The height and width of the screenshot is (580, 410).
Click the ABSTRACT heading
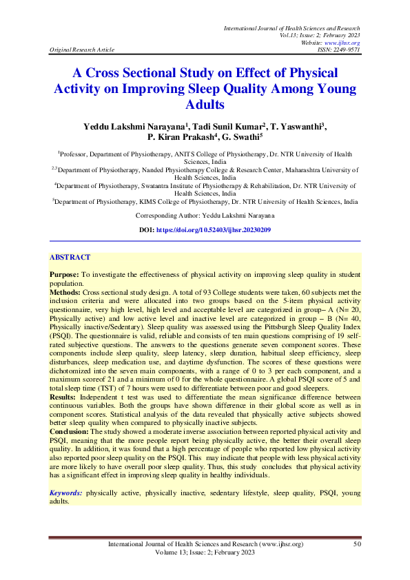(x=70, y=257)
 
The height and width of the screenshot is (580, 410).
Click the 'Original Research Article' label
(x=82, y=50)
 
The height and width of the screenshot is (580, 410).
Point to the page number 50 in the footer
(x=357, y=544)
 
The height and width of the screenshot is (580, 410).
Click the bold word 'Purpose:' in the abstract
(x=64, y=275)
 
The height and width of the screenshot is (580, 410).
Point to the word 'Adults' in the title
(x=205, y=105)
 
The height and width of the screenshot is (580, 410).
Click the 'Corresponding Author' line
(x=205, y=215)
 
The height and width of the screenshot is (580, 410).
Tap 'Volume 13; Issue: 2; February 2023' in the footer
(x=205, y=552)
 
